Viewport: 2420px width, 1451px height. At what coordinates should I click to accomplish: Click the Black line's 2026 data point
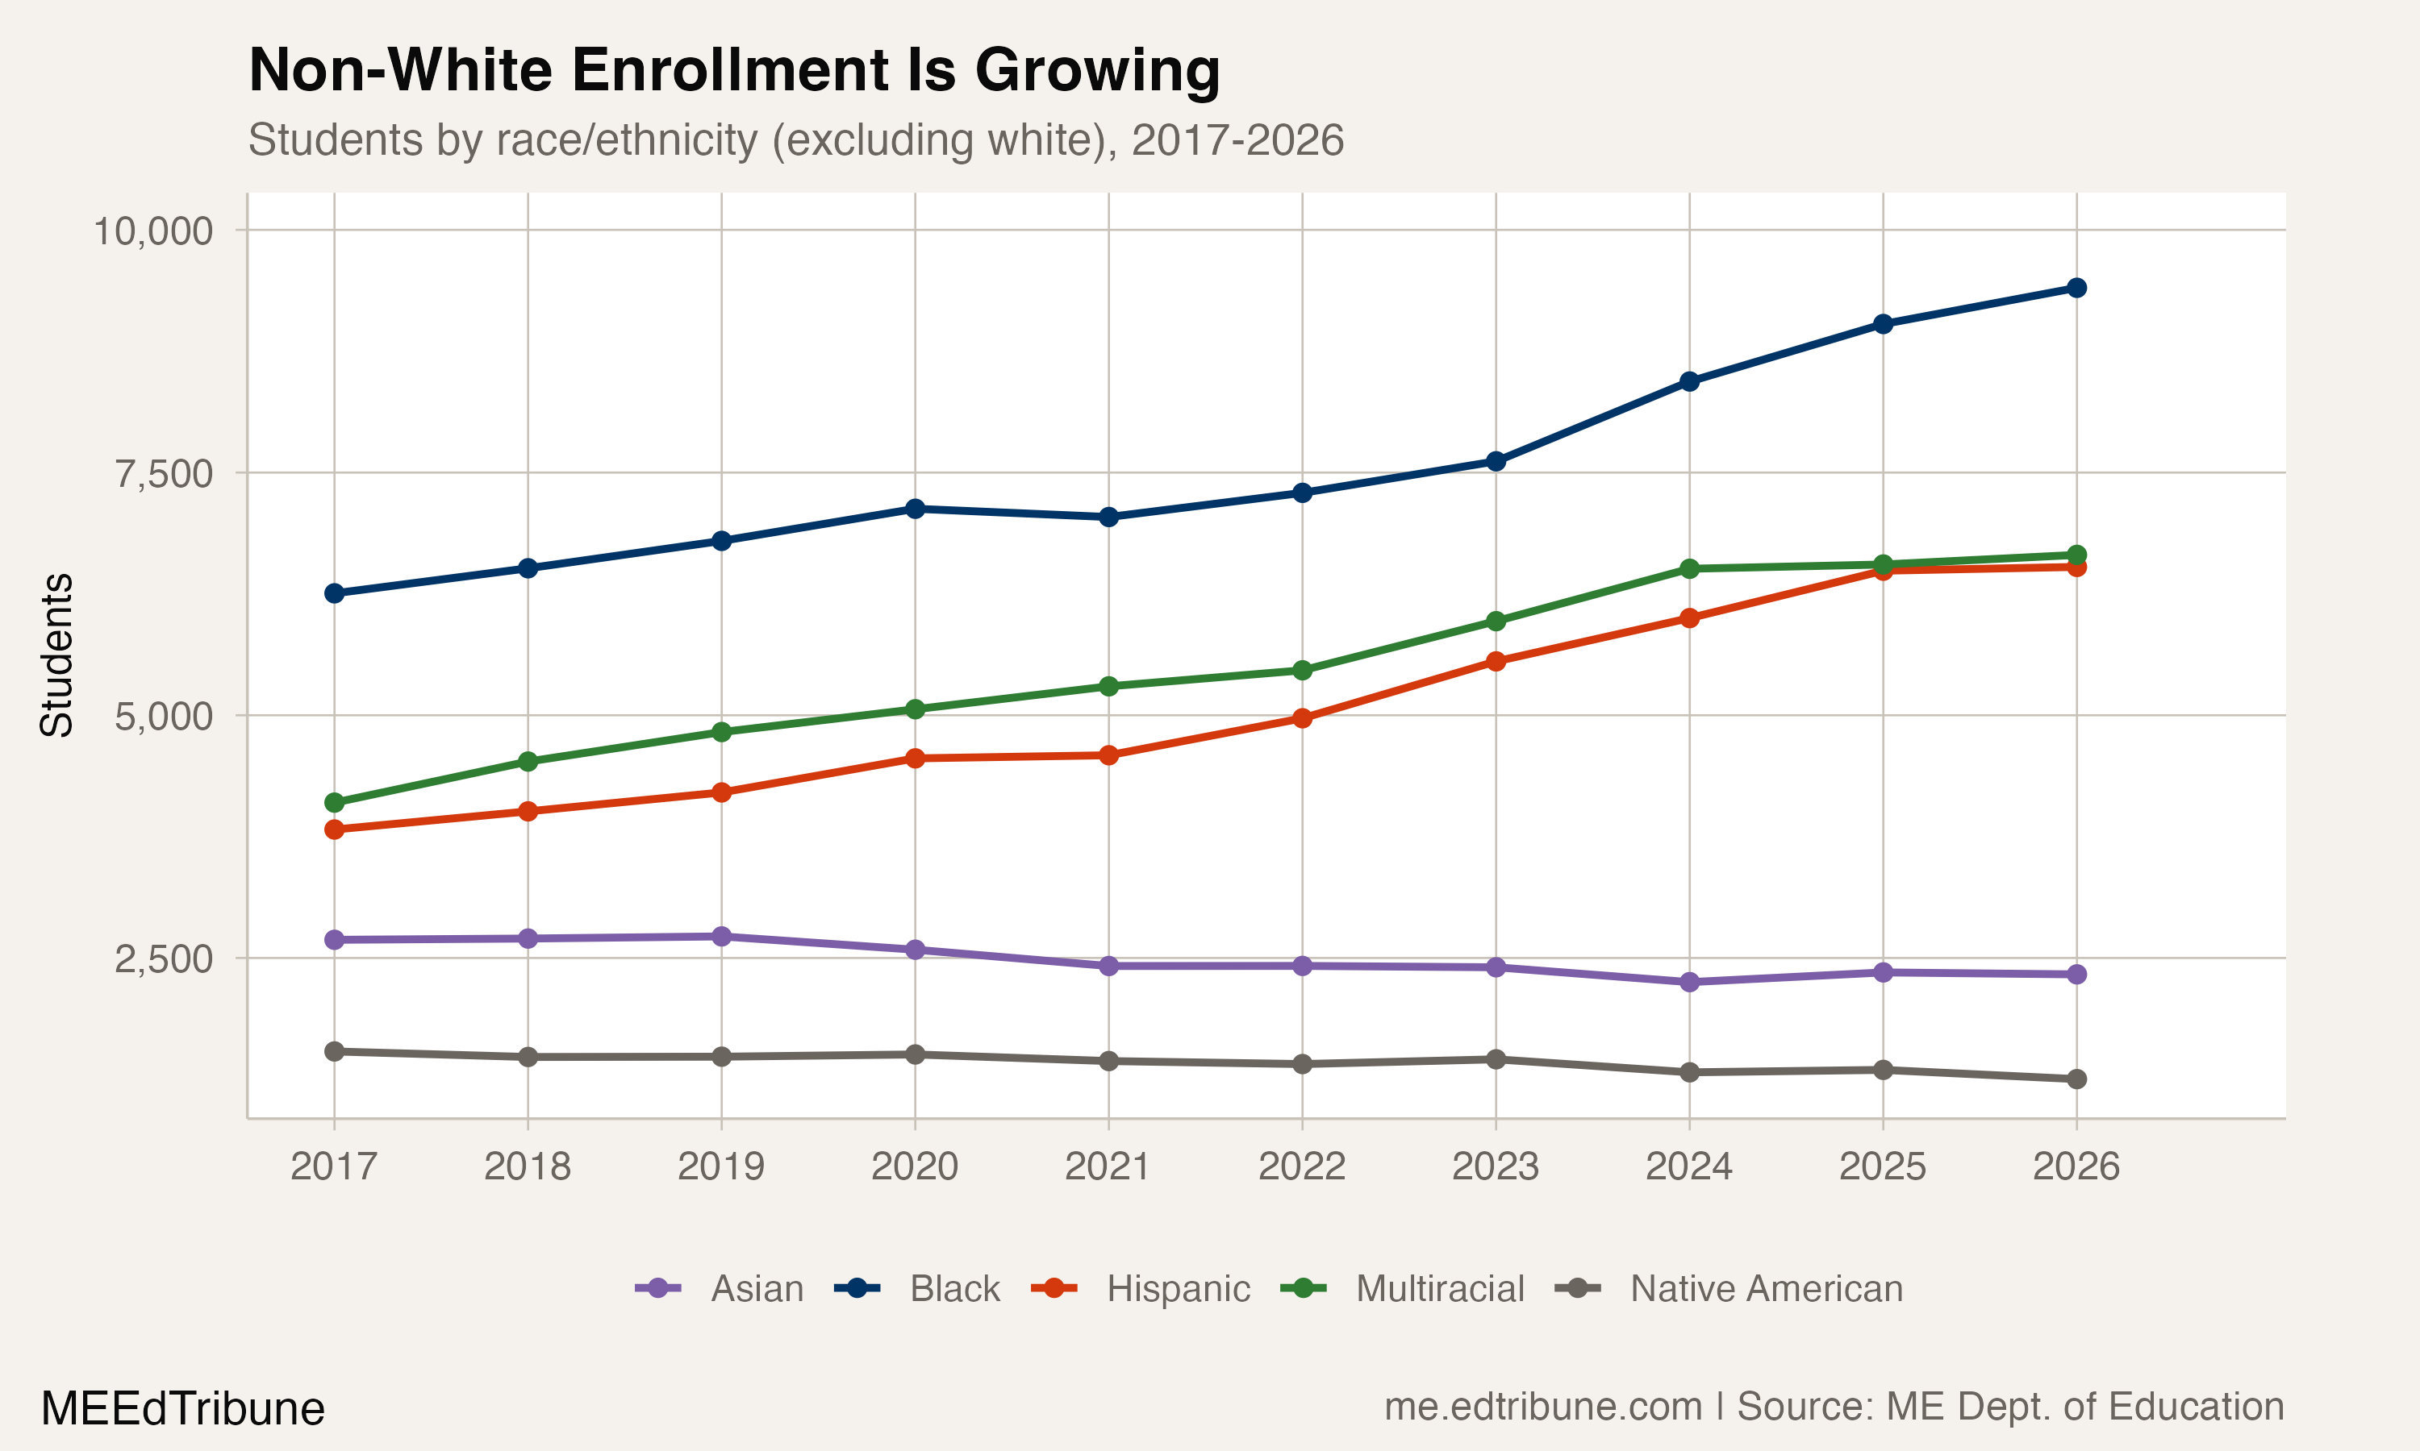[2076, 288]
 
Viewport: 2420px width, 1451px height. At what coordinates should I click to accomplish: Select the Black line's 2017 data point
[335, 593]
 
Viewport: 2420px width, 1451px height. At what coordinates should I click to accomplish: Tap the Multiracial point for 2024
[1689, 569]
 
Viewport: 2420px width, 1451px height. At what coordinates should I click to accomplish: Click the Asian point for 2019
[722, 937]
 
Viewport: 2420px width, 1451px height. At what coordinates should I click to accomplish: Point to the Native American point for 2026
[2076, 1079]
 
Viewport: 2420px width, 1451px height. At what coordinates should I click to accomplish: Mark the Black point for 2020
[915, 509]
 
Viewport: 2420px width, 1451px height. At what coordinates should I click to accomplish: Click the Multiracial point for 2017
[335, 803]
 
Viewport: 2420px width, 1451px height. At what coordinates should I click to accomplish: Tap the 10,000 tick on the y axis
[152, 231]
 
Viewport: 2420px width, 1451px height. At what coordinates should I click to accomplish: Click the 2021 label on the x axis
[1108, 1166]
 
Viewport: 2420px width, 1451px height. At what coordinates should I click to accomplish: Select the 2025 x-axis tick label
[1882, 1166]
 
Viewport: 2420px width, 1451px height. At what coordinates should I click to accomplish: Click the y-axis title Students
[56, 655]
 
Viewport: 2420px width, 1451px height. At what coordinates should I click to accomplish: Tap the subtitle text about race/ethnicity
[795, 139]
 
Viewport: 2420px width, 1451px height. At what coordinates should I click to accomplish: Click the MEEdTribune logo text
[183, 1409]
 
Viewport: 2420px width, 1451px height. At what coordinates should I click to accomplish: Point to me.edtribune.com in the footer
[1542, 1407]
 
